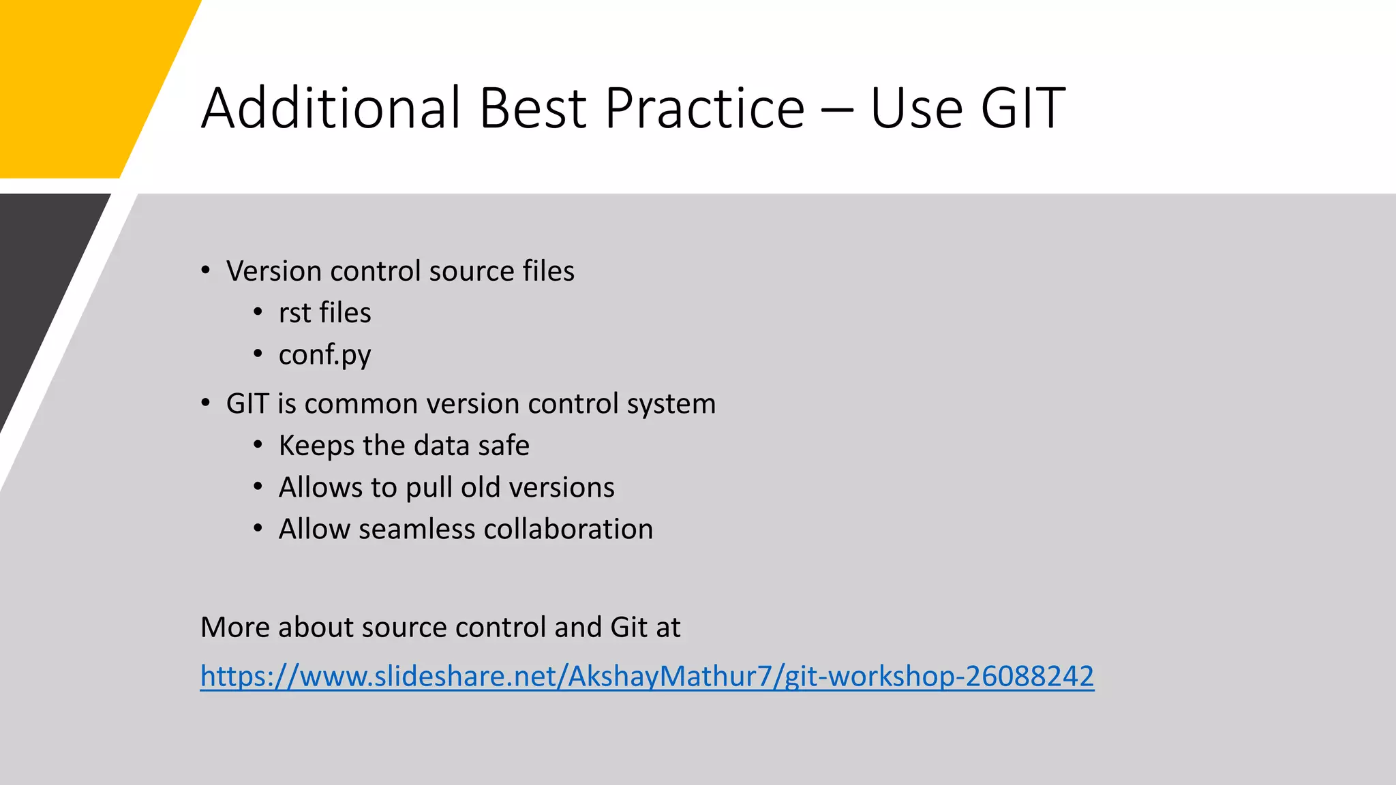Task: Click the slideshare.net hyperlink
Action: (647, 676)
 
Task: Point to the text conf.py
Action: (324, 355)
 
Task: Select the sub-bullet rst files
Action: (324, 313)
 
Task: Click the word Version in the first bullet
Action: (273, 271)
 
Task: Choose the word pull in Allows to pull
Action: (429, 488)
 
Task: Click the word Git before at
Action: (628, 627)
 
